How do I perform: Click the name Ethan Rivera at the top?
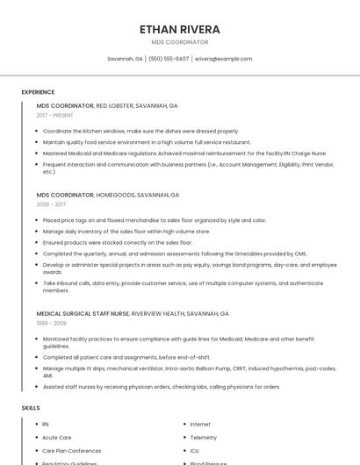[179, 29]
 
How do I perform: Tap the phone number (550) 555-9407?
[169, 59]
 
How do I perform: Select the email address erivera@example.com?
[223, 59]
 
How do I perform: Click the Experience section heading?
[38, 92]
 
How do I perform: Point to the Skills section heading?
[31, 408]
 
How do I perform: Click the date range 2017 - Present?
[54, 115]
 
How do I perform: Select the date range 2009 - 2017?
[50, 204]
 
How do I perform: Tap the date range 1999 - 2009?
[50, 323]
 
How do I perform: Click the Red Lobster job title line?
[107, 105]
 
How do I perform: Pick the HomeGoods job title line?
[108, 195]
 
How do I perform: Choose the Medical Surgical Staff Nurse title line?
[133, 313]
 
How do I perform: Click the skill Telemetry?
[203, 437]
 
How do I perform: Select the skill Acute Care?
[56, 437]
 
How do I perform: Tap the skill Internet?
[200, 425]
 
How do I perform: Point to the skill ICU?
[194, 450]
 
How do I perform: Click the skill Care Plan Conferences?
[72, 450]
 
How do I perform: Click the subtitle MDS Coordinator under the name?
[179, 42]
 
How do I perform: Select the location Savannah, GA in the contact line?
[125, 59]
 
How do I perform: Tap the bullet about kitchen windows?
[140, 131]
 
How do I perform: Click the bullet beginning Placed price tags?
[154, 220]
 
